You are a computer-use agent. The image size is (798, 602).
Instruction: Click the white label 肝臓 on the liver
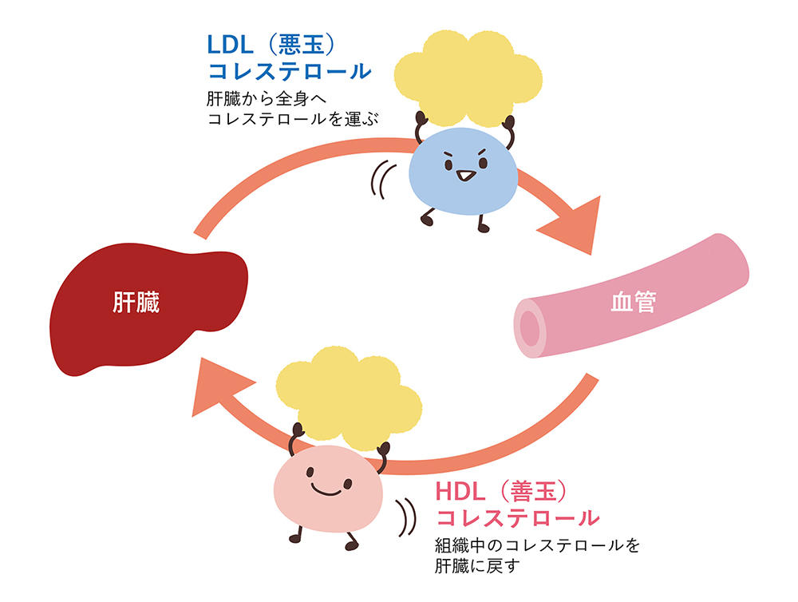click(x=136, y=302)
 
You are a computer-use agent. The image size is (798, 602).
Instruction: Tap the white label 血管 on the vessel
click(x=633, y=302)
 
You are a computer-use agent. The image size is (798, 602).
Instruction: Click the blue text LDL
click(x=230, y=45)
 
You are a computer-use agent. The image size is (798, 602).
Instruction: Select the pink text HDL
click(x=460, y=492)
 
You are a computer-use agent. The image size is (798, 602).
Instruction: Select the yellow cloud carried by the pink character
click(x=350, y=400)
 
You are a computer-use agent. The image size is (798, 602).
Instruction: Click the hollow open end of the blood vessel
click(x=530, y=327)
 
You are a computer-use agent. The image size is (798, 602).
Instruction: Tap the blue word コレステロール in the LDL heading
click(x=290, y=71)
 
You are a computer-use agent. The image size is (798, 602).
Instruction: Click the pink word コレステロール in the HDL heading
click(x=518, y=518)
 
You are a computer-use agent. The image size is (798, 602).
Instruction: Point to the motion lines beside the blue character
click(x=381, y=180)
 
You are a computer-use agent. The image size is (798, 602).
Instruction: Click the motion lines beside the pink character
click(x=406, y=517)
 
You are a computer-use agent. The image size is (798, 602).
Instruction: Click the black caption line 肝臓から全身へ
click(x=267, y=98)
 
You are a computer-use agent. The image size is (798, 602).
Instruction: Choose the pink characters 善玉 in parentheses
click(x=531, y=492)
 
